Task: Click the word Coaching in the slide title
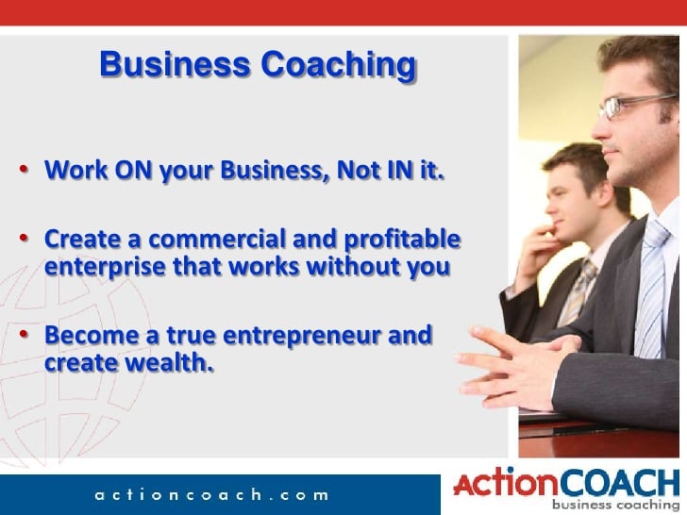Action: [x=338, y=65]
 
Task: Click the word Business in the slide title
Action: [x=175, y=64]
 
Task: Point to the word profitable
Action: [x=402, y=241]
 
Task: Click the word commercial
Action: [x=217, y=240]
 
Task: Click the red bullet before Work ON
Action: [x=24, y=169]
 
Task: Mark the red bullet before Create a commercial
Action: [x=24, y=238]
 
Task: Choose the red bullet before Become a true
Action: [x=24, y=334]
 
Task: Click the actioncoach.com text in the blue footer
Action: [x=211, y=495]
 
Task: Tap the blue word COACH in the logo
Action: [x=619, y=484]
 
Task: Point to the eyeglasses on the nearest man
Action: [x=635, y=105]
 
